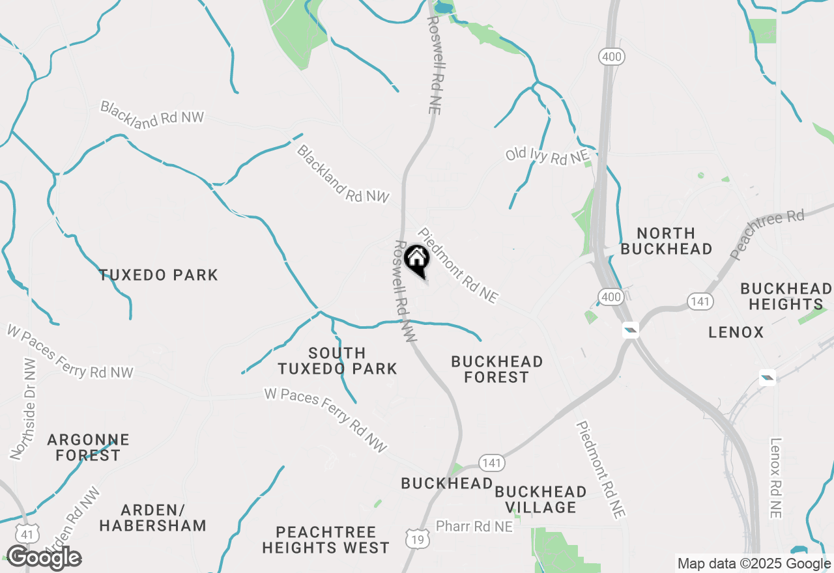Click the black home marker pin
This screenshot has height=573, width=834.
417,260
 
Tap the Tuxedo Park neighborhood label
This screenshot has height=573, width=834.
158,275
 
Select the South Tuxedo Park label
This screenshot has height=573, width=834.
337,361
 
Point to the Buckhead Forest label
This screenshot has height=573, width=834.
496,369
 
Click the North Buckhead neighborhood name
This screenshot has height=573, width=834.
666,241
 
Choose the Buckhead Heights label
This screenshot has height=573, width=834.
786,296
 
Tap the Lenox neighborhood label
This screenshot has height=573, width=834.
736,333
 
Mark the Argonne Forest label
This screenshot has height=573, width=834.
88,448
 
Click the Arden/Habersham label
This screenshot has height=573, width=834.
153,517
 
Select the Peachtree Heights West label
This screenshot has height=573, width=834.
325,540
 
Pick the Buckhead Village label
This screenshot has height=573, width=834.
540,499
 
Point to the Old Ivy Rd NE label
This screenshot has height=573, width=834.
547,156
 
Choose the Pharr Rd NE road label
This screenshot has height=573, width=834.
474,526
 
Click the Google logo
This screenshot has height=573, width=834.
44,558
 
